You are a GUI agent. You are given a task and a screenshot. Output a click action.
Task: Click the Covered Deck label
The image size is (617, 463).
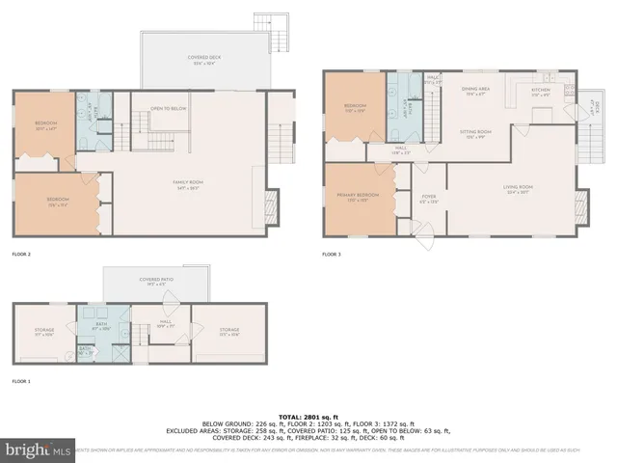(x=201, y=60)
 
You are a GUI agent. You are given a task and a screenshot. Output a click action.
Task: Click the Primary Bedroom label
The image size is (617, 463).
(x=359, y=197)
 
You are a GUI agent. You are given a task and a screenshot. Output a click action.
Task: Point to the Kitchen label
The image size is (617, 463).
(x=541, y=92)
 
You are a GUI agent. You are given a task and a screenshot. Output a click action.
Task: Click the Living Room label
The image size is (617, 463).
(x=519, y=189)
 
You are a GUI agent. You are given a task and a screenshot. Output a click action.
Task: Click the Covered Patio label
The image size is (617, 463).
(x=155, y=283)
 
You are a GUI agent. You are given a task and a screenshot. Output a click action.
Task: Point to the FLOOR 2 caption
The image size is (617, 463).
(x=21, y=254)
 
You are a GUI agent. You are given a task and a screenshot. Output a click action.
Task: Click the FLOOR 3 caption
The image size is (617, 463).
(x=333, y=254)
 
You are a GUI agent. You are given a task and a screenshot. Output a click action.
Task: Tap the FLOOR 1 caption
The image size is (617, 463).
(x=21, y=381)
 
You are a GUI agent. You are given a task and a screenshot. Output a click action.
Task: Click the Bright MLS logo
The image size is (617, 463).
(x=39, y=449)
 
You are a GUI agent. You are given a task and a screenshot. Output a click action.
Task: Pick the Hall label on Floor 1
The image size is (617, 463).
(x=164, y=325)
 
